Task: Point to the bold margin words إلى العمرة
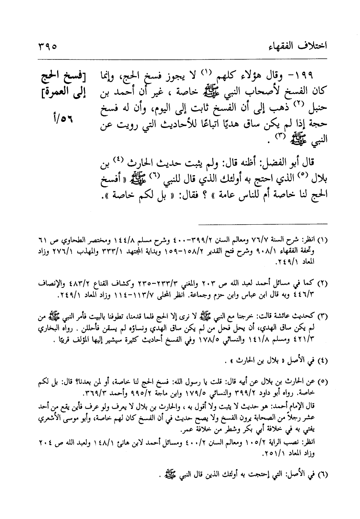pos(62,93)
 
